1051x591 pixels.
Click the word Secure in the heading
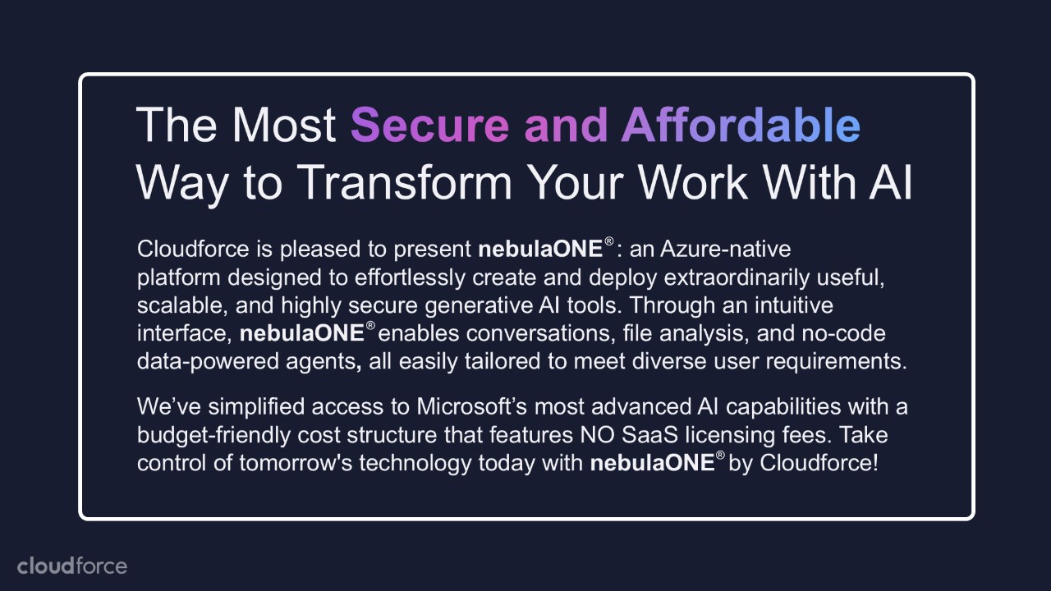429,125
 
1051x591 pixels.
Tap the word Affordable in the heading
741,124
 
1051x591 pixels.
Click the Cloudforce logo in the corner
72,566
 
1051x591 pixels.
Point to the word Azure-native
725,249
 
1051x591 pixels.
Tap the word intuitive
794,305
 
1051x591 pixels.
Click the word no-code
843,333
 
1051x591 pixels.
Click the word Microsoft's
472,406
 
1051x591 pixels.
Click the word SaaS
649,435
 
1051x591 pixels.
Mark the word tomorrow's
296,464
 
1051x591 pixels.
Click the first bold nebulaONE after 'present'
540,249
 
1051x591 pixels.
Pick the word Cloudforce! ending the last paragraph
819,463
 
